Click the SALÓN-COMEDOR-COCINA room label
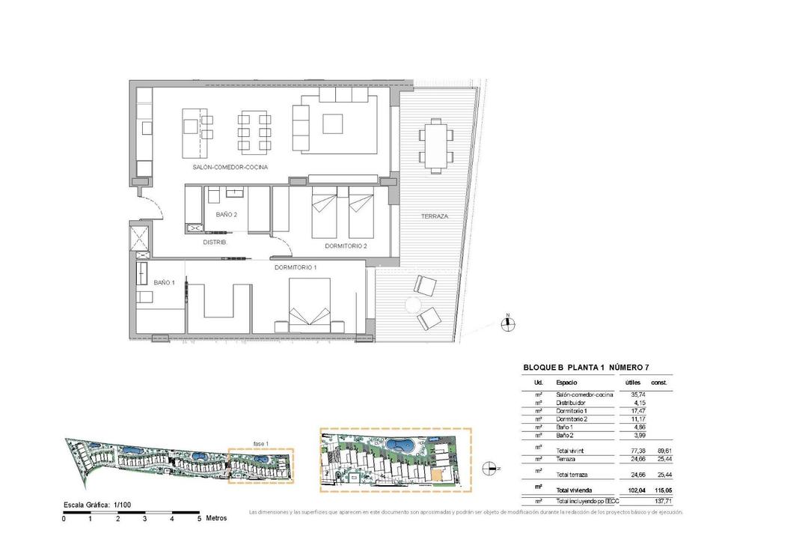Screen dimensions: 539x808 point(230,167)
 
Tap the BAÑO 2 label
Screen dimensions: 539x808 point(227,215)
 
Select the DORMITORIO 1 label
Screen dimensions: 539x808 point(296,267)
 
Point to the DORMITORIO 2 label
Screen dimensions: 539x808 point(346,246)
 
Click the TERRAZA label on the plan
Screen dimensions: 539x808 point(435,216)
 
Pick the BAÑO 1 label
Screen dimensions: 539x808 point(165,283)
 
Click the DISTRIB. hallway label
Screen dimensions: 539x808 point(215,243)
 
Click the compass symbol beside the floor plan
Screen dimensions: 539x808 point(507,323)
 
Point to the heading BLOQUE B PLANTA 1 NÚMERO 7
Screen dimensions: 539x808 point(586,368)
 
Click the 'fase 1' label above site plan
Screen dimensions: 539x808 point(260,442)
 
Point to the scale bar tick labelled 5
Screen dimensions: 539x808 point(199,518)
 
